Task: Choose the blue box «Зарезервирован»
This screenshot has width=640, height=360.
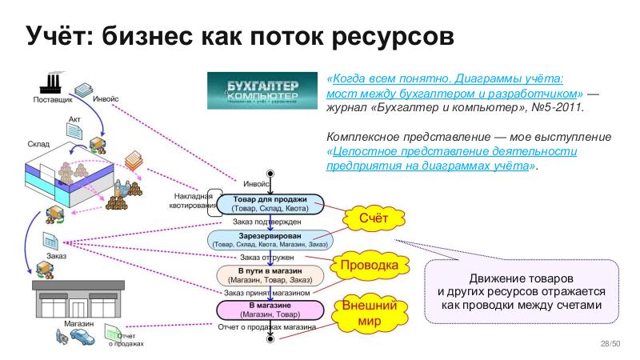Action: [270, 238]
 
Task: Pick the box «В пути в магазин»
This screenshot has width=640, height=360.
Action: [270, 274]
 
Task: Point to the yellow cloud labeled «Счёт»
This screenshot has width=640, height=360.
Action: [371, 218]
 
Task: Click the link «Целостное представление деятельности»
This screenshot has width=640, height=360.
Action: [452, 151]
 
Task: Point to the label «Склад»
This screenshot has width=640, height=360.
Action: [38, 143]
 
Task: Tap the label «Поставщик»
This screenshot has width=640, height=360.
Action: [53, 101]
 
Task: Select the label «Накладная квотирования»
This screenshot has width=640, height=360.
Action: [194, 201]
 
